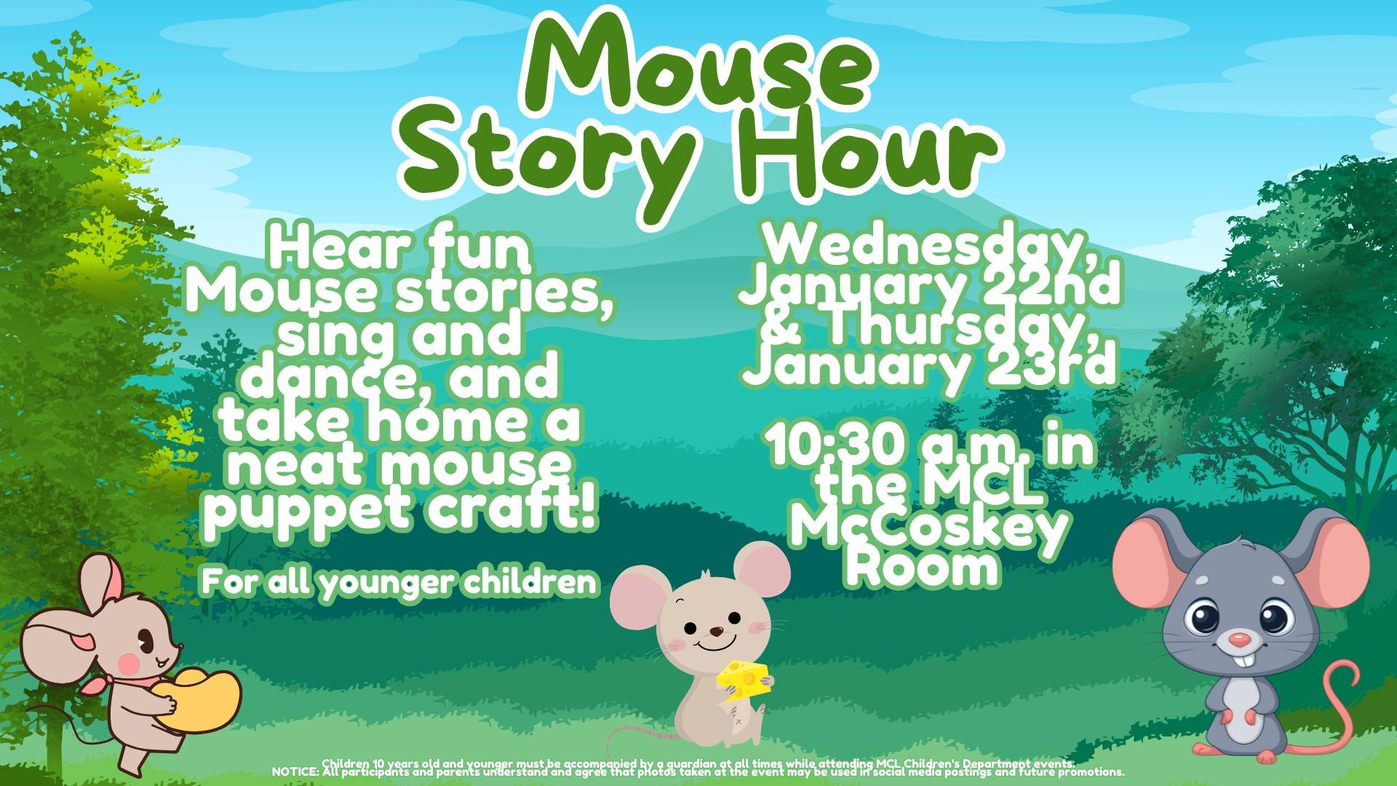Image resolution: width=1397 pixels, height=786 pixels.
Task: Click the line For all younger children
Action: point(399,581)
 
